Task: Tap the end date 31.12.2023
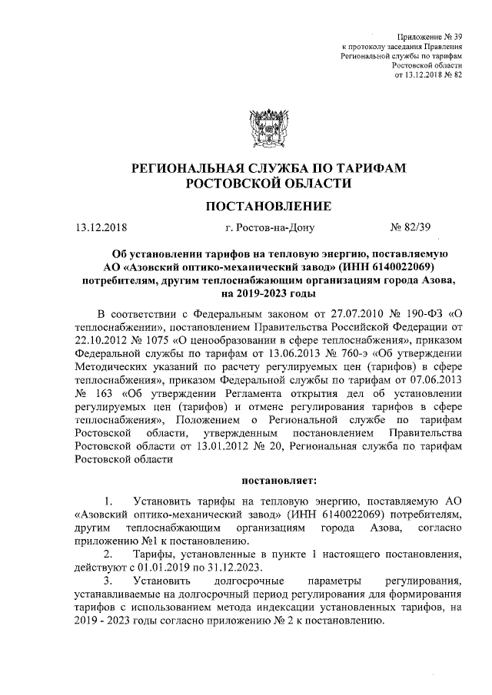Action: (231, 568)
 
